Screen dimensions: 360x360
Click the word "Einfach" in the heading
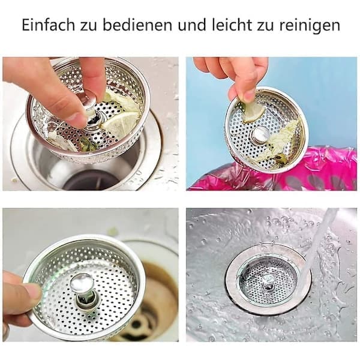coord(49,25)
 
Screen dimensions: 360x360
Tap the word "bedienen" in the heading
coord(137,25)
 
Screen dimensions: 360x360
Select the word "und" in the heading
coord(192,26)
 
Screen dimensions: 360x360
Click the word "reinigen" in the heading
coord(310,26)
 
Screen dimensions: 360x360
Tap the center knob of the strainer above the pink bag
coord(259,134)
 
